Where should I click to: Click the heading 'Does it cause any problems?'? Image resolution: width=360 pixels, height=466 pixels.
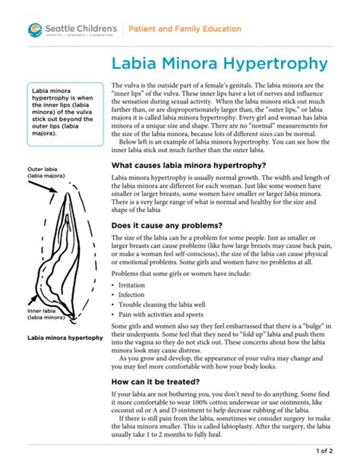(x=166, y=226)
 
